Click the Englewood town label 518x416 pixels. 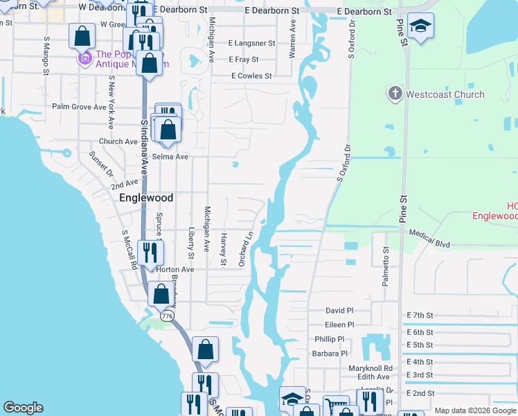tap(146, 197)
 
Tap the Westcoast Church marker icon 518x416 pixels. tap(395, 94)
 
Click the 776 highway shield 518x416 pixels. tap(166, 315)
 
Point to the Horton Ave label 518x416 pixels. tap(175, 269)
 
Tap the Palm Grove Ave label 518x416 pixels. tap(79, 107)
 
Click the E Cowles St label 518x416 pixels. tap(251, 76)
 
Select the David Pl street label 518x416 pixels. tap(339, 311)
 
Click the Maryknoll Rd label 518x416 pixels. tap(371, 368)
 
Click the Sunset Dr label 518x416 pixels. tap(101, 164)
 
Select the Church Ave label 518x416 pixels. tap(118, 141)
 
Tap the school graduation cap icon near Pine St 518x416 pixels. tap(420, 26)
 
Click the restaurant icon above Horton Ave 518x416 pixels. tap(150, 252)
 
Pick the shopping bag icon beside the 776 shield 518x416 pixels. tap(161, 294)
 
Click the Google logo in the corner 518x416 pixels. tap(23, 408)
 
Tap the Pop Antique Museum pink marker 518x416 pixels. tap(85, 58)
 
